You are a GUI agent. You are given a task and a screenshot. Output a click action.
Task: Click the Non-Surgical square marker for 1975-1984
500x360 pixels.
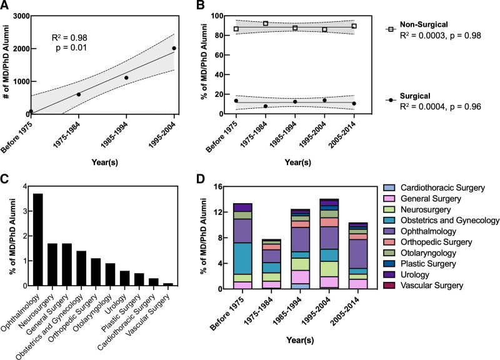(266, 24)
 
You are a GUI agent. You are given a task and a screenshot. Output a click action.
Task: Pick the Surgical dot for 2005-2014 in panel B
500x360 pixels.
(354, 104)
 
